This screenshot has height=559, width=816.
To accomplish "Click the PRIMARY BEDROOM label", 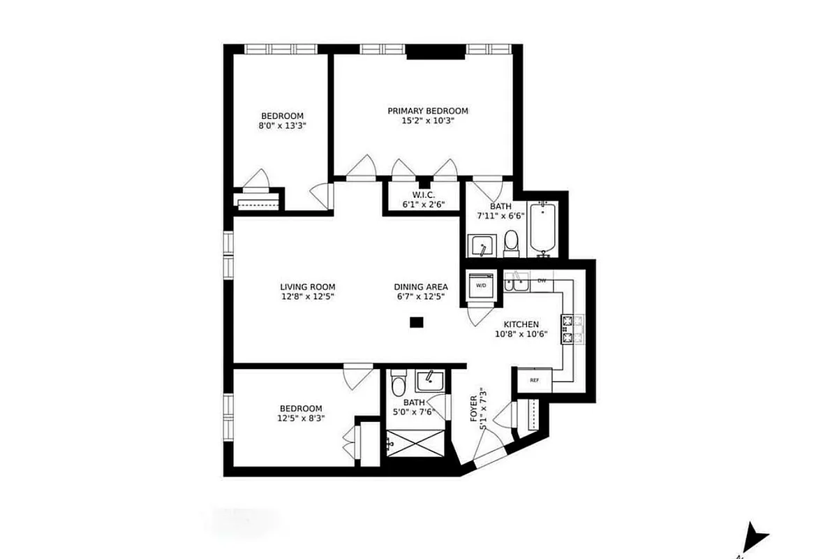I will click(x=428, y=110).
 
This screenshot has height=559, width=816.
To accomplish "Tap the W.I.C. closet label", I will click(x=424, y=194).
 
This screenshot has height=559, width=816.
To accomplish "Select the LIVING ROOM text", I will click(x=307, y=286).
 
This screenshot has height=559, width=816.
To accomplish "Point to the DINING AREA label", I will click(x=421, y=286).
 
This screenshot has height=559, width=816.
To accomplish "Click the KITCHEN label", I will click(x=521, y=324).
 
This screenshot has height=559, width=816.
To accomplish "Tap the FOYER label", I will click(x=474, y=408).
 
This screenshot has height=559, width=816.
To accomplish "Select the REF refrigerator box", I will click(x=534, y=380).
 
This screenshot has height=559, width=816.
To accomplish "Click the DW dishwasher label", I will click(x=542, y=281).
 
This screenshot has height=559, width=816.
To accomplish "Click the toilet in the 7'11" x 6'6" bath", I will click(x=512, y=241).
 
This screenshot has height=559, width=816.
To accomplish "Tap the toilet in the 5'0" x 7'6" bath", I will click(x=399, y=384).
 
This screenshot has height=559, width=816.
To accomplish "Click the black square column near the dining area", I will click(x=416, y=322).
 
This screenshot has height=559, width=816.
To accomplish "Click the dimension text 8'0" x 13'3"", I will click(x=282, y=126).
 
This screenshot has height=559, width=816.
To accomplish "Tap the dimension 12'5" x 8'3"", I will click(x=301, y=419).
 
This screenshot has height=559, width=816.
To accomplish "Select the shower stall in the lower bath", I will click(x=414, y=443).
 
